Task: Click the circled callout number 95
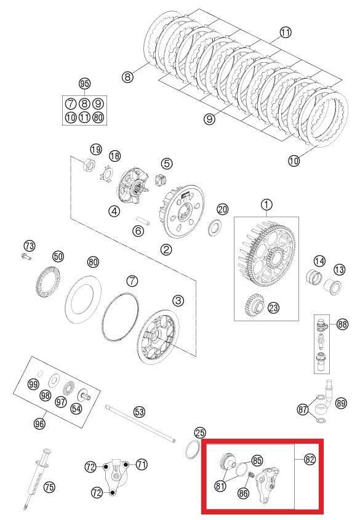pyautogui.click(x=85, y=84)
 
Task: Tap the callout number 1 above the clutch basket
pyautogui.click(x=266, y=204)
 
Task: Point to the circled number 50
pyautogui.click(x=58, y=256)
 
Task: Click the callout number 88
pyautogui.click(x=342, y=324)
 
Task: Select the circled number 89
pyautogui.click(x=341, y=403)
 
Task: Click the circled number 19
pyautogui.click(x=96, y=150)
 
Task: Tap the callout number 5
pyautogui.click(x=167, y=163)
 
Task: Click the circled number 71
pyautogui.click(x=142, y=465)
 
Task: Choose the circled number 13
pyautogui.click(x=339, y=270)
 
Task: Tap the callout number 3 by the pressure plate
pyautogui.click(x=178, y=300)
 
